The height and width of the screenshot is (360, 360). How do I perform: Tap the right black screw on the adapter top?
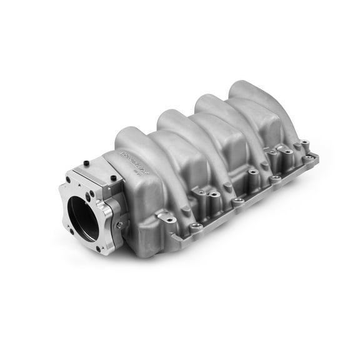point(112,179)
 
